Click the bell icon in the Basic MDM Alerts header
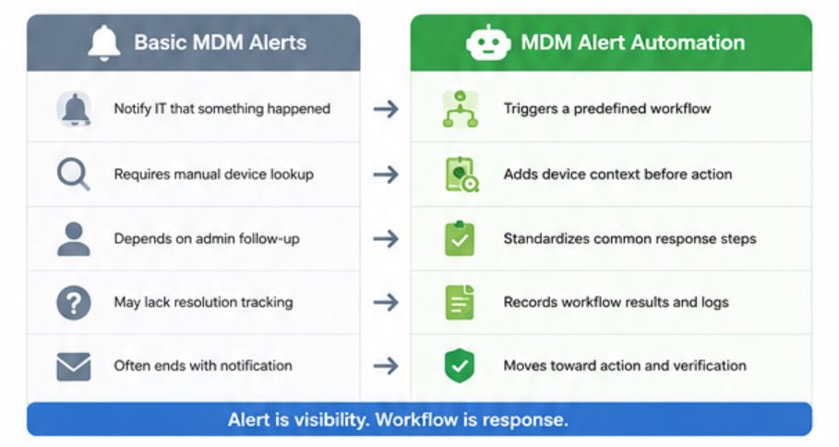pos(104,42)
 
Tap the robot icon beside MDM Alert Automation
pos(487,42)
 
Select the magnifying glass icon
pos(73,175)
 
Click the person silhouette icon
pos(73,239)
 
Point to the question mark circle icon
pos(73,303)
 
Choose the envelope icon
pos(73,367)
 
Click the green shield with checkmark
pos(460,366)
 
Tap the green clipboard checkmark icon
pos(460,239)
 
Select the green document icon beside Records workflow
pos(460,302)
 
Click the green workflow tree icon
pos(461,109)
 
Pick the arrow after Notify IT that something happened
pos(386,109)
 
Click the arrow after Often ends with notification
pos(386,366)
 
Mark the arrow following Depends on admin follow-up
pos(386,239)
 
